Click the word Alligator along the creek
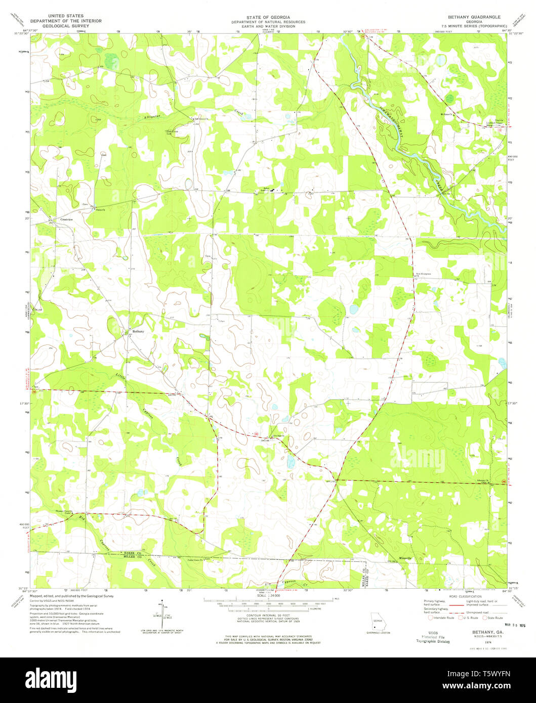pyautogui.click(x=152, y=117)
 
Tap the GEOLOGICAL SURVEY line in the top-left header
pyautogui.click(x=66, y=25)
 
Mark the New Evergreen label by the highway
pyautogui.click(x=424, y=273)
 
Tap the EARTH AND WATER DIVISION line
pyautogui.click(x=268, y=26)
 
